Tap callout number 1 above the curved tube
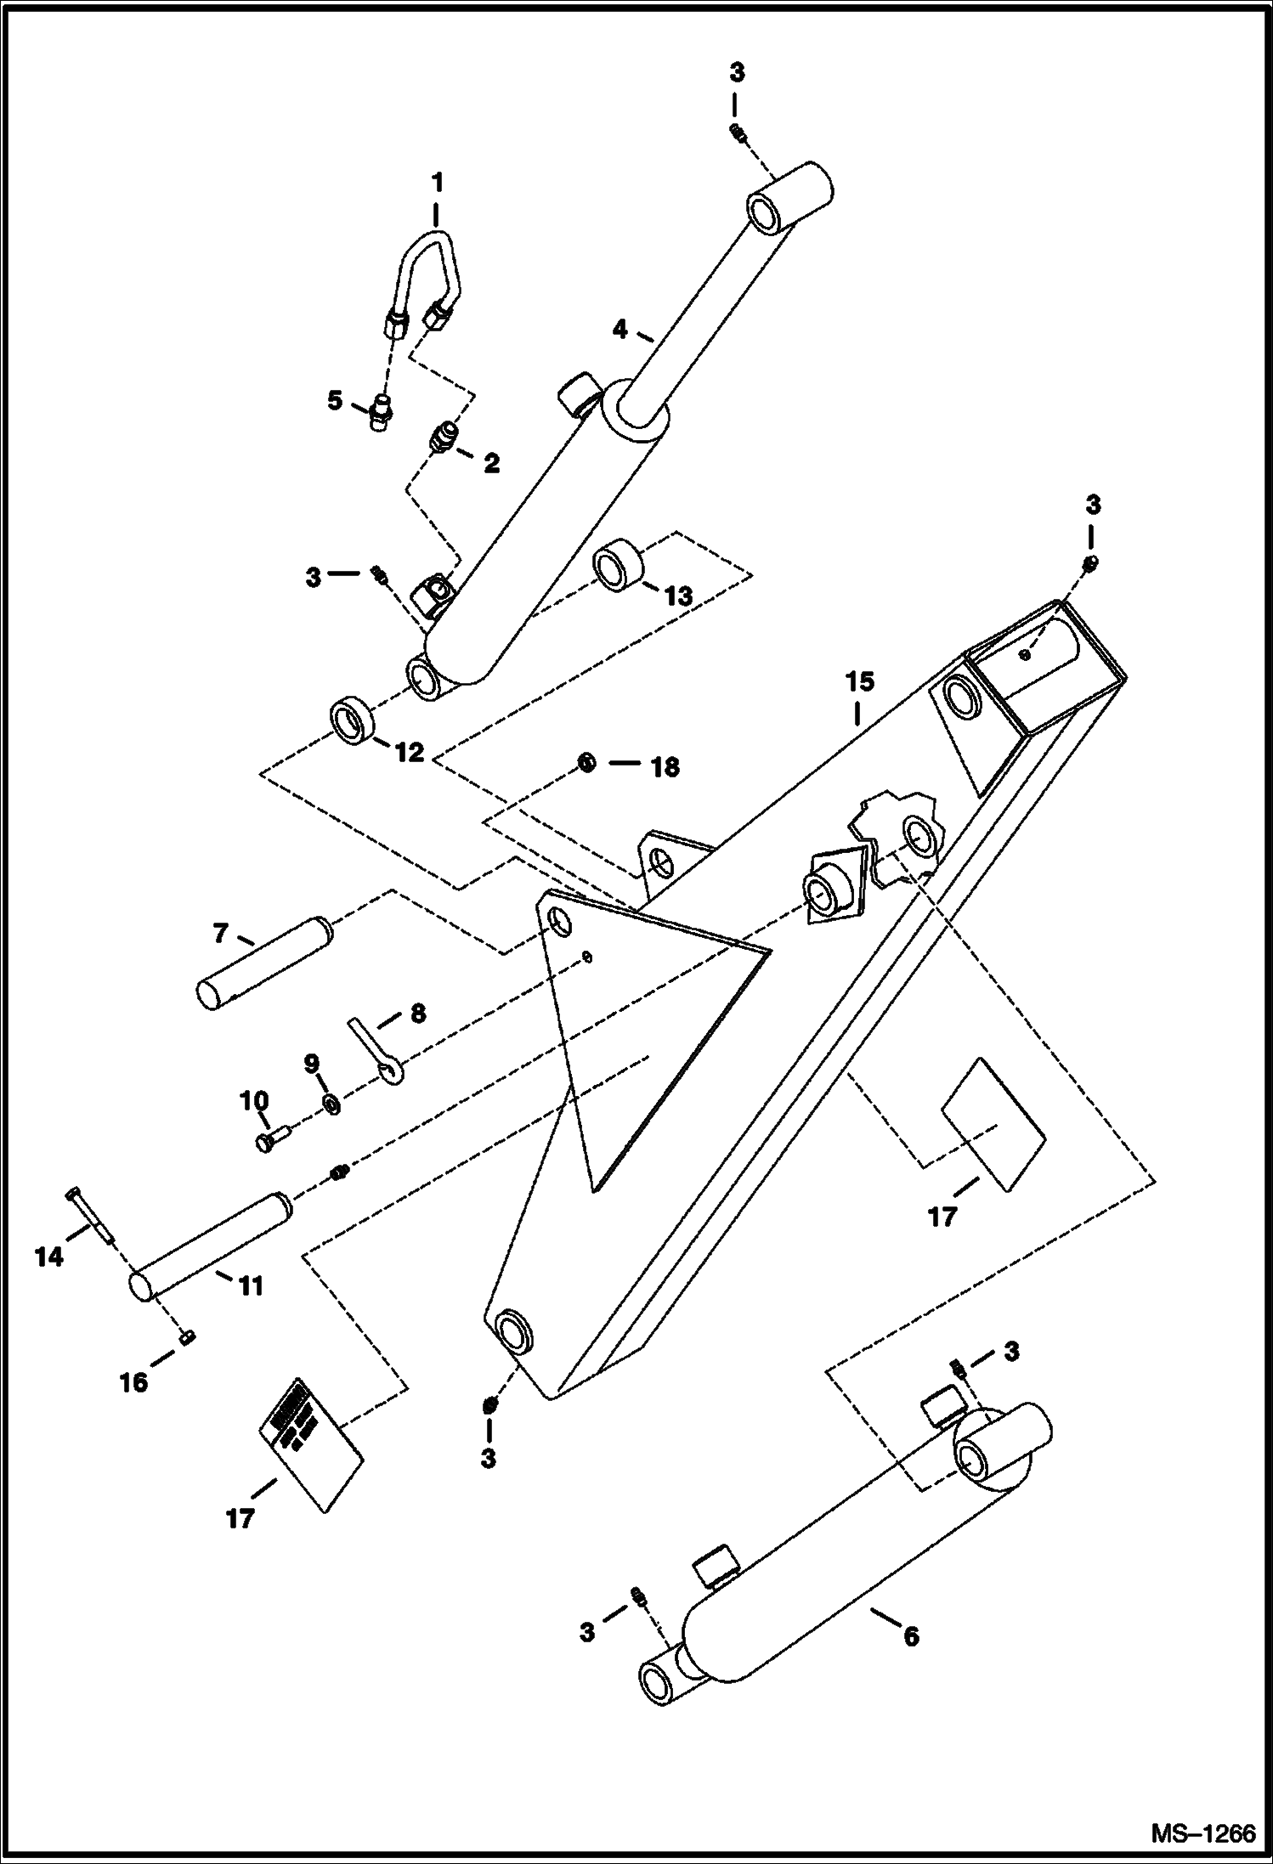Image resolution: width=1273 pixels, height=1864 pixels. coord(437,183)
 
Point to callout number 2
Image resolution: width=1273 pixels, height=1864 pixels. coord(491,464)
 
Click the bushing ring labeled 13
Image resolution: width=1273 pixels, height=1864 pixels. coord(619,567)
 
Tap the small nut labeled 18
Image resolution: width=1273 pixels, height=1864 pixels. coord(586,762)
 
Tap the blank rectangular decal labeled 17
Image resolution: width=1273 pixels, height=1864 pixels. coord(993,1123)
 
